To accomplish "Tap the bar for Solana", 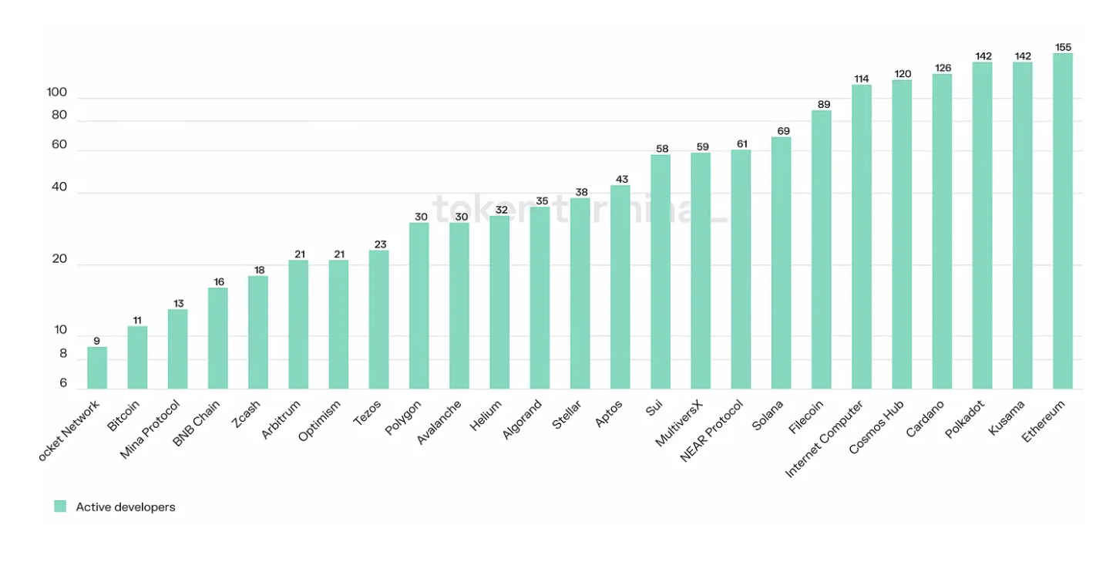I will coord(781,263).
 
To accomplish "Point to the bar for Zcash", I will coord(258,332).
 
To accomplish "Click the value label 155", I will coord(1062,47).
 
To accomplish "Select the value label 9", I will coord(97,341).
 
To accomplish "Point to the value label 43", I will coord(620,179).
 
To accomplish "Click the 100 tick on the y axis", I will coord(57,93).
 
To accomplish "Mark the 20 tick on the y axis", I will coord(60,259).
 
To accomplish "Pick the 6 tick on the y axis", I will coord(63,383).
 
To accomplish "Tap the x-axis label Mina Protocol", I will coord(150,429).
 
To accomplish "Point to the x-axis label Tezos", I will coord(367,413).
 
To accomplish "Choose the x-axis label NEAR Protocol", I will coord(711,430).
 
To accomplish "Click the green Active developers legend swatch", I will coord(60,507).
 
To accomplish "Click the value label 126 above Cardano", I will coord(942,68).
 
